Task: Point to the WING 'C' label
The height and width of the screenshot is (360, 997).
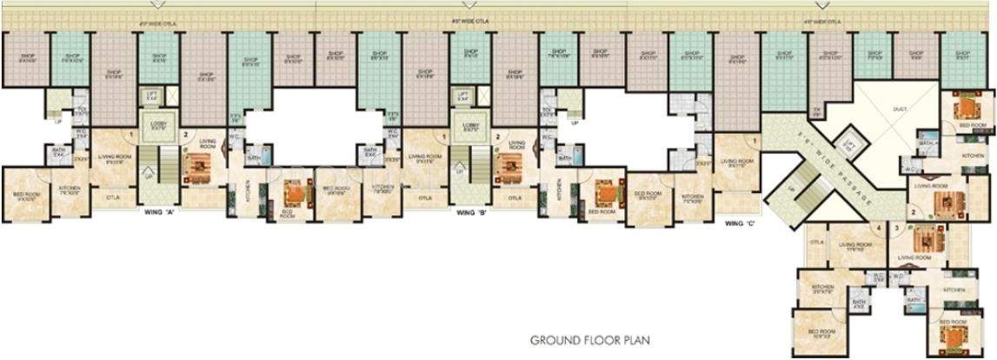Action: coord(741,223)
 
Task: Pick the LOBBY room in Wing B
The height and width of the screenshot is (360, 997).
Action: coord(471,126)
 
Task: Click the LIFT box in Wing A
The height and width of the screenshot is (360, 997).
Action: coord(153,97)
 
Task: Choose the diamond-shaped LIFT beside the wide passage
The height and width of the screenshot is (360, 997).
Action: coord(851,143)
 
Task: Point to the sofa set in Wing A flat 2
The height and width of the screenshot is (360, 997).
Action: coord(196,164)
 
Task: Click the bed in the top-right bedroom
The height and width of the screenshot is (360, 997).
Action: coord(966,108)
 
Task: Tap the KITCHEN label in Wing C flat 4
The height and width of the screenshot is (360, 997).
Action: coord(823,288)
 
